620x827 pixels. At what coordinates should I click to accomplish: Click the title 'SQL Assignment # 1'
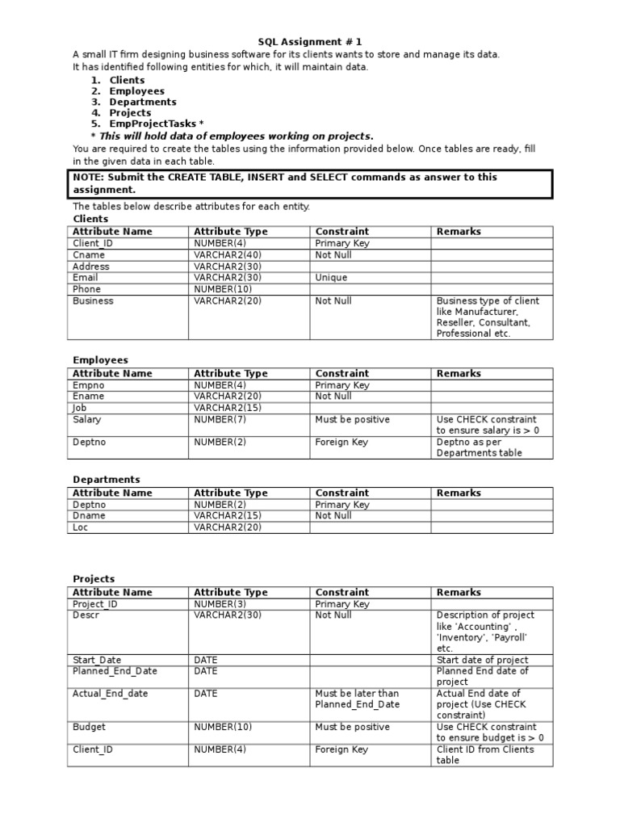coord(304,42)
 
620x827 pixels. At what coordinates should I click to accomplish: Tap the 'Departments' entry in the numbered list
coord(143,103)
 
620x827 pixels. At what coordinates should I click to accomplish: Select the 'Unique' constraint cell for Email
coord(332,278)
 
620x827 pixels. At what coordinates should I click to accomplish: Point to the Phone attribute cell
coord(87,289)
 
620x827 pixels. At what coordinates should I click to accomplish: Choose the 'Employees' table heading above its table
coord(101,360)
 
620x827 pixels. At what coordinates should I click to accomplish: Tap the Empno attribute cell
coord(89,385)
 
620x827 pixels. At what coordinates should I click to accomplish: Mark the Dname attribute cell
coord(89,516)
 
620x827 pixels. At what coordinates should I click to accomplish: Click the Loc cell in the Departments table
coord(81,527)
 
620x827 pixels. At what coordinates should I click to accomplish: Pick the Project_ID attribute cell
coord(95,604)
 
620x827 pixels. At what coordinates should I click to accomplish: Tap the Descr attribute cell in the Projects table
coord(86,615)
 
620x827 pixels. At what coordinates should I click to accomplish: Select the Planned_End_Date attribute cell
coord(115,671)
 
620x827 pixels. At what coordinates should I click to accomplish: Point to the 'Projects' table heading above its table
coord(94,579)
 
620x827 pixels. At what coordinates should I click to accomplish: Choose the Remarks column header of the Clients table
coord(459,232)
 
